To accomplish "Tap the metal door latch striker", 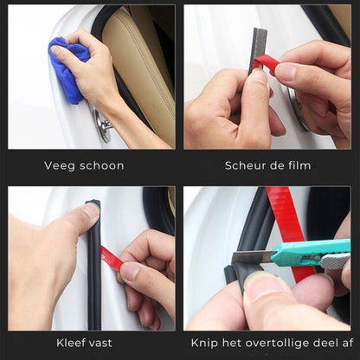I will pos(104,127).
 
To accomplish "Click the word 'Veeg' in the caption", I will pos(59,165).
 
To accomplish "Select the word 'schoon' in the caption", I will pos(100,165).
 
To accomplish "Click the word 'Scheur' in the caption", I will pos(245,165).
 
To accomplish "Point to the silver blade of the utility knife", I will pos(250,257).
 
